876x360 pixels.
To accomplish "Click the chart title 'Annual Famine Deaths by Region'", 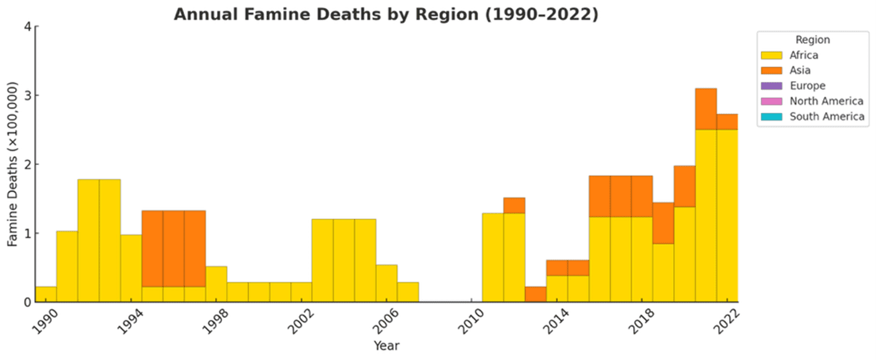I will pyautogui.click(x=385, y=14).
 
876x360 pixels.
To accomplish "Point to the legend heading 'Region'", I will pyautogui.click(x=812, y=40).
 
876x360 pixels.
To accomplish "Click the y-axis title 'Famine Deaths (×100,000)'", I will pyautogui.click(x=13, y=164).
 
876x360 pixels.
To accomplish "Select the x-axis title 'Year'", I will pyautogui.click(x=386, y=345).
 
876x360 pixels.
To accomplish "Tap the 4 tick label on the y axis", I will pyautogui.click(x=25, y=27).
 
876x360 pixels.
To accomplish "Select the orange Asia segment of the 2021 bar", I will pyautogui.click(x=706, y=109).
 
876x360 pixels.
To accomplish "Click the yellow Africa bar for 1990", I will pyautogui.click(x=46, y=294).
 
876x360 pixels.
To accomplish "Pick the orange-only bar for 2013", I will pyautogui.click(x=535, y=294).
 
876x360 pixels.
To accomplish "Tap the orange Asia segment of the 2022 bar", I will pyautogui.click(x=727, y=121).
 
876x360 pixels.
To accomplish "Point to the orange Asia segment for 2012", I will pyautogui.click(x=514, y=205).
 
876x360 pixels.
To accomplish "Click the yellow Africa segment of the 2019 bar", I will pyautogui.click(x=663, y=273).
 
